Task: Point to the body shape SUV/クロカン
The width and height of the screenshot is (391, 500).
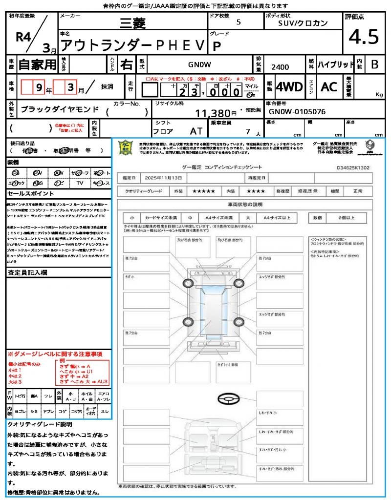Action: [303, 23]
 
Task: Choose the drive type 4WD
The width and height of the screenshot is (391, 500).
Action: [289, 87]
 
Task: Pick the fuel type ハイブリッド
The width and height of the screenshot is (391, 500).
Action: [336, 64]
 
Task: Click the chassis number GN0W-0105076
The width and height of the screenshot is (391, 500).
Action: [297, 111]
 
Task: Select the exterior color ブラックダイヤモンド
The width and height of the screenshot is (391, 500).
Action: [60, 109]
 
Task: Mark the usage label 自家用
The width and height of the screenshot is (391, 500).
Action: [38, 64]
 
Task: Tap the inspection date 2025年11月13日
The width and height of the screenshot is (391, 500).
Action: [166, 177]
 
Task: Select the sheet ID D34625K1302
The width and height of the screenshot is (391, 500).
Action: [353, 167]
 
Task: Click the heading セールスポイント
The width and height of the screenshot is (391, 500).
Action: [27, 193]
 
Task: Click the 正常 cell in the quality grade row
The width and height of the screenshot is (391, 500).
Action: [358, 191]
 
